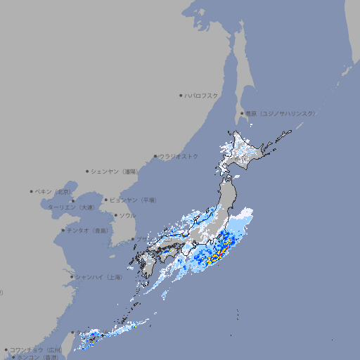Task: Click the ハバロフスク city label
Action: pos(202,95)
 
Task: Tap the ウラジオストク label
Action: pos(179,156)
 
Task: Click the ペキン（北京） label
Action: pos(54,191)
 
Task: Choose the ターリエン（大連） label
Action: pos(72,207)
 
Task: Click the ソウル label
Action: pos(127,215)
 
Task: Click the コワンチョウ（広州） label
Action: pos(36,349)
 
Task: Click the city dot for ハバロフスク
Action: pos(181,95)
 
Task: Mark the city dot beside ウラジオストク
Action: pos(155,156)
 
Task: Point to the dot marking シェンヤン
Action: pos(87,171)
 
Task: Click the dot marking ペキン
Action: pos(32,191)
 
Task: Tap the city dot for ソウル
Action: pos(115,215)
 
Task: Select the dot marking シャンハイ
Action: pos(72,277)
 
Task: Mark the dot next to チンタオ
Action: pos(63,231)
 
